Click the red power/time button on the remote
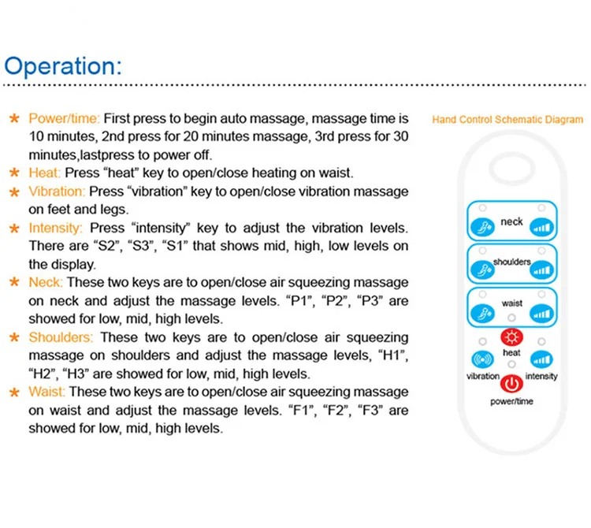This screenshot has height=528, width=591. click(x=511, y=385)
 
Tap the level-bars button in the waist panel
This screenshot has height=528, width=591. click(x=541, y=313)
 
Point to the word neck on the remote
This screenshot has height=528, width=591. click(x=511, y=222)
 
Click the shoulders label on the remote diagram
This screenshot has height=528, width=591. click(x=511, y=262)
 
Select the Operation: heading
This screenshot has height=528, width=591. click(x=64, y=65)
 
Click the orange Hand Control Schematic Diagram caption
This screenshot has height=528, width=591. click(x=507, y=120)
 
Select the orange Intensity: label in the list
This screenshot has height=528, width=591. click(x=54, y=229)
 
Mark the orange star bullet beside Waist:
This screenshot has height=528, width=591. click(x=14, y=392)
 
